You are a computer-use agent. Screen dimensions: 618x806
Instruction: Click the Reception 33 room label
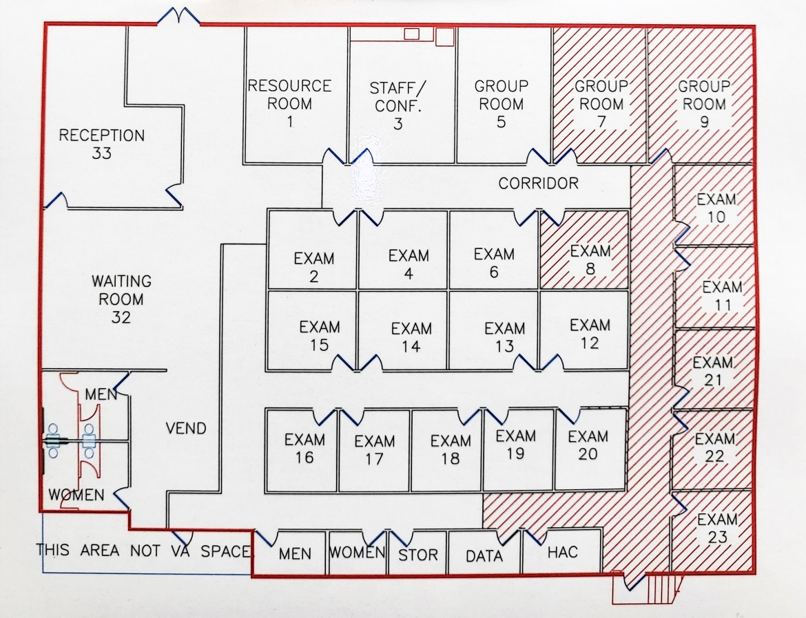(x=101, y=144)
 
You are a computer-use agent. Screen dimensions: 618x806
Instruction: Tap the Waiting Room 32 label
(x=121, y=299)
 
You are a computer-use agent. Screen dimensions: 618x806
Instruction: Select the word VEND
(x=186, y=428)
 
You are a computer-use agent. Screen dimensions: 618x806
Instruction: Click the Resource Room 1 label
(x=289, y=104)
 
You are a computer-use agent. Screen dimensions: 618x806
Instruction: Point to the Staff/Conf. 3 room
(x=397, y=105)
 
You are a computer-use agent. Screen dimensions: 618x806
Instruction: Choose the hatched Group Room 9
(x=704, y=104)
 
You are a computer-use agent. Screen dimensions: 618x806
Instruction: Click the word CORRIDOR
(x=538, y=184)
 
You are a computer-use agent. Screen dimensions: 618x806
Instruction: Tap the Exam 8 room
(x=590, y=259)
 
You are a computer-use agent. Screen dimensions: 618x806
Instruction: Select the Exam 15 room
(x=320, y=335)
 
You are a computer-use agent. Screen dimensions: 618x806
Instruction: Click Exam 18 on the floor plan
(x=450, y=449)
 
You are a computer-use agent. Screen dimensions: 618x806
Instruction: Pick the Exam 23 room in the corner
(x=717, y=528)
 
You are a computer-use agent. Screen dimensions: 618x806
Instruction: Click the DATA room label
(x=484, y=555)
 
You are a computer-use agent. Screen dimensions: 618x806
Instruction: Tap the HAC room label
(x=562, y=553)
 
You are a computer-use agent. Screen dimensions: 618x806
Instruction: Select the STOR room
(x=418, y=555)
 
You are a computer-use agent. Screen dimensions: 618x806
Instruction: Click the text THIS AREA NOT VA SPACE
(x=145, y=551)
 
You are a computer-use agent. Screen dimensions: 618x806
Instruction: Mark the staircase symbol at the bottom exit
(x=661, y=589)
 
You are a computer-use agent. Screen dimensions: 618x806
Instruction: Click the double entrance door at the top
(x=178, y=15)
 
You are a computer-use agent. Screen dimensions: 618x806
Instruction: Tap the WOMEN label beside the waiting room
(x=76, y=495)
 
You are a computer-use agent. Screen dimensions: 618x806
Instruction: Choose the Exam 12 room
(x=590, y=333)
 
